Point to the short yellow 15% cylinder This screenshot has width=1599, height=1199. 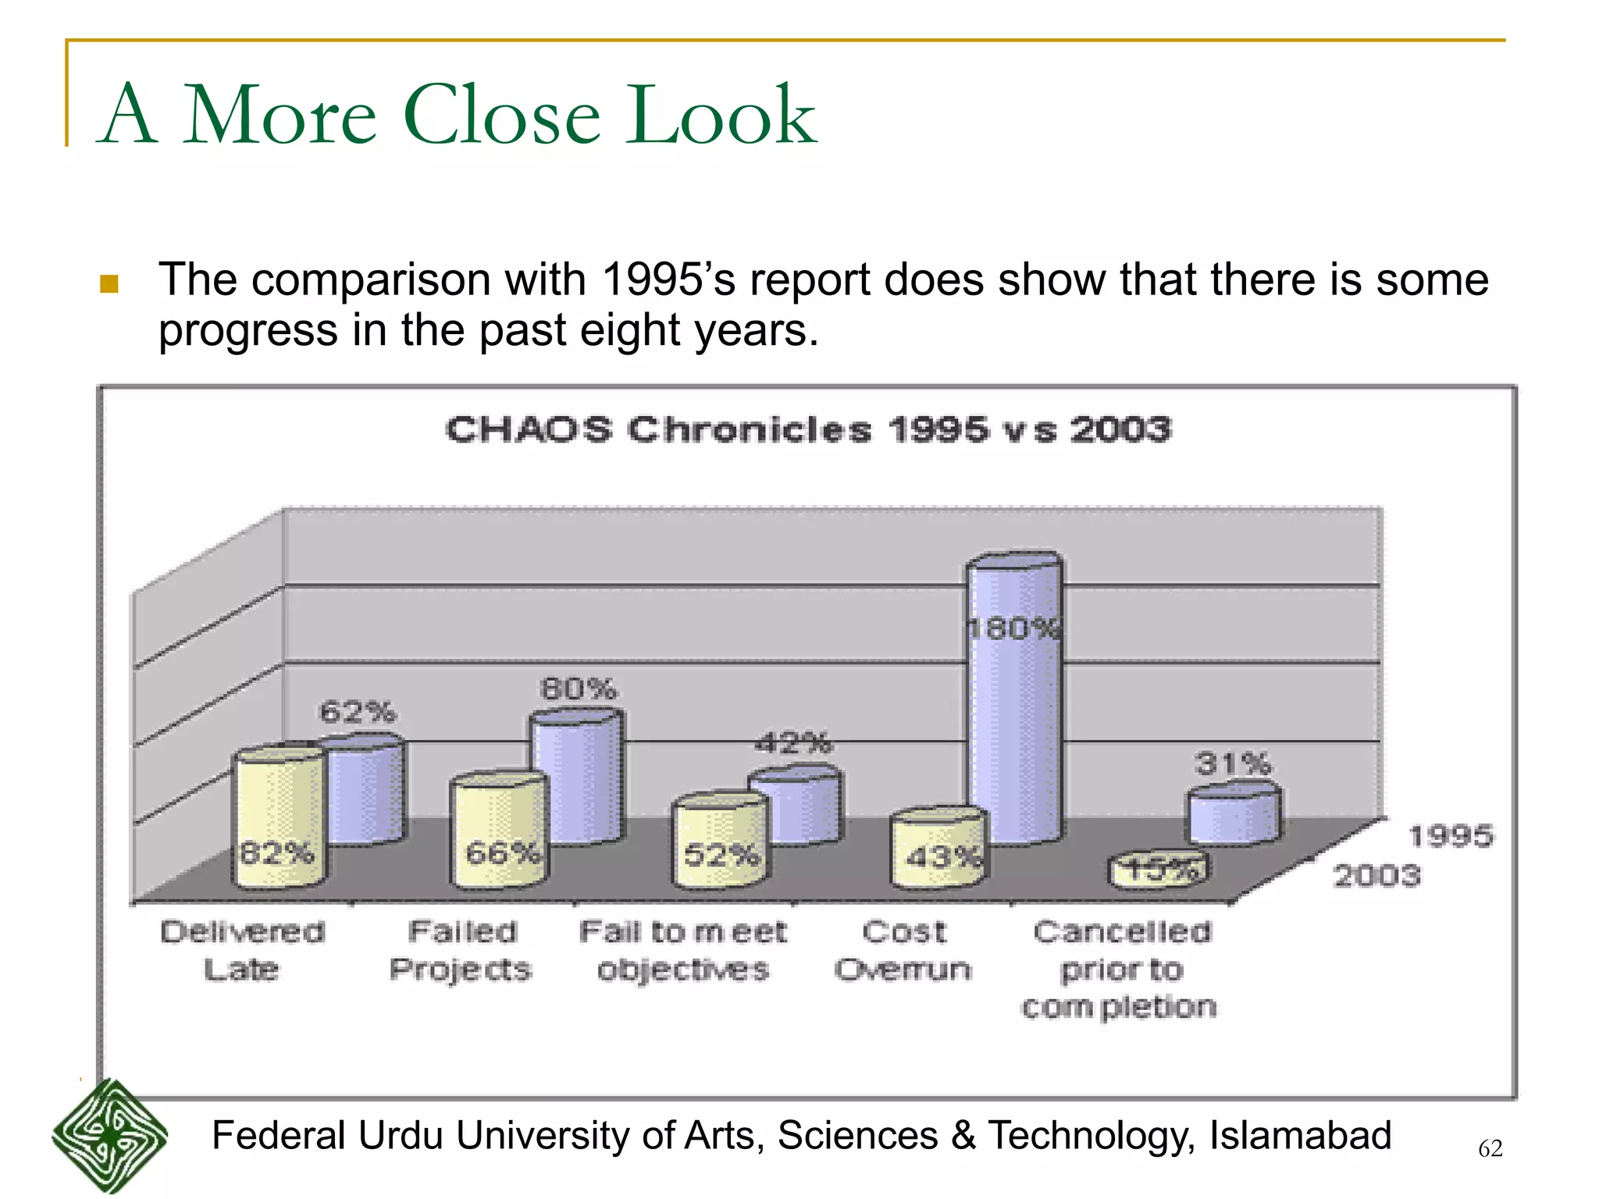[x=1159, y=870]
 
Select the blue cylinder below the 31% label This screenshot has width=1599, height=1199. [x=1234, y=816]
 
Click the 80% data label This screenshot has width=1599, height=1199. [x=579, y=689]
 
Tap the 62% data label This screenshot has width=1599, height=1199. [x=358, y=712]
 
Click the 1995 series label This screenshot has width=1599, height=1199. [x=1451, y=836]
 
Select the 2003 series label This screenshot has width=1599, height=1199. [x=1376, y=875]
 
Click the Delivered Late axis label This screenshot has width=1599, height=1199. [x=242, y=950]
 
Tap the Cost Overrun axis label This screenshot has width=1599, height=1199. [x=903, y=950]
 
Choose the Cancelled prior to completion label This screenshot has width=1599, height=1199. [x=1120, y=969]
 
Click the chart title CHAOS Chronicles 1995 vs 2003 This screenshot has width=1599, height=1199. [x=808, y=430]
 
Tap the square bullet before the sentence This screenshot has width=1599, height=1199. [x=109, y=283]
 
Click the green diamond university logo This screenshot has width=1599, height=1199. [x=110, y=1136]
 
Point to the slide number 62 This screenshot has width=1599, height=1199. [x=1490, y=1148]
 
